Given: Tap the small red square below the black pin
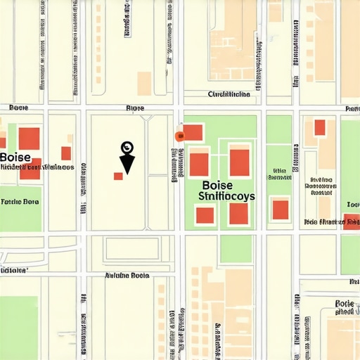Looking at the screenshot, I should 118,175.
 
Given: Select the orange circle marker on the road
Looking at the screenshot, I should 179,136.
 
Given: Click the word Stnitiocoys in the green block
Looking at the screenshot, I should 226,197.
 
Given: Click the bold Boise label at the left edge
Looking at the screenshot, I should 16,157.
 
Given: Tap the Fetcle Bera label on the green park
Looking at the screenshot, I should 20,201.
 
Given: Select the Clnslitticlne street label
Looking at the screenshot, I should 229,94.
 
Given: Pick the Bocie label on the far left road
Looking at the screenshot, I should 18,108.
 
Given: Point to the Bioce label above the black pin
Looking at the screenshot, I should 134,108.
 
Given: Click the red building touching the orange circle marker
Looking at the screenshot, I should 193,132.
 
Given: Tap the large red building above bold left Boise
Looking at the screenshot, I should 29,139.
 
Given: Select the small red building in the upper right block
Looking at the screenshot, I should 320,127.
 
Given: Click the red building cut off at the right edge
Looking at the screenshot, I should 352,222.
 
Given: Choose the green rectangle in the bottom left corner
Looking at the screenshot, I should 18,327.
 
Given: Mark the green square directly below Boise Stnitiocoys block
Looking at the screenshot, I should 236,249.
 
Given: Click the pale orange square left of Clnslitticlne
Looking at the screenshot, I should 144,82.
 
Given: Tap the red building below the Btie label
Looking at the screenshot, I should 280,209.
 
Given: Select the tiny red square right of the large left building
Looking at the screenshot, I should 66,153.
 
